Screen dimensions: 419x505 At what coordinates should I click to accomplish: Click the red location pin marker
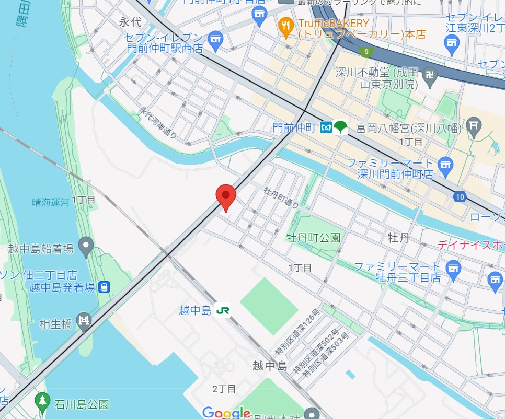tap(226, 196)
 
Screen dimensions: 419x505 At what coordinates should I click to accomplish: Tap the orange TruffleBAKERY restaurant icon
tap(285, 28)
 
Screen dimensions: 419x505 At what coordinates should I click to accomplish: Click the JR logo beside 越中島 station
tap(223, 310)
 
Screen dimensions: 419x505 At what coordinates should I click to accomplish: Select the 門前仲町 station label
tap(294, 127)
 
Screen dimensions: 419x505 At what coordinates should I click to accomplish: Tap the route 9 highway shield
tap(366, 51)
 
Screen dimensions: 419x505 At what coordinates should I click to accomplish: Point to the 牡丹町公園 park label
tap(313, 238)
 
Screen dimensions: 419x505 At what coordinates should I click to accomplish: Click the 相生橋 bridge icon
tap(84, 323)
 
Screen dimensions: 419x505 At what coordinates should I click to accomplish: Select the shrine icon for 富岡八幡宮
tap(475, 126)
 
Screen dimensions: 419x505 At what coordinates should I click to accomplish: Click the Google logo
tap(226, 413)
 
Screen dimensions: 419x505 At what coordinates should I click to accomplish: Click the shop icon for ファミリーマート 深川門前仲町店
tap(445, 164)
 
